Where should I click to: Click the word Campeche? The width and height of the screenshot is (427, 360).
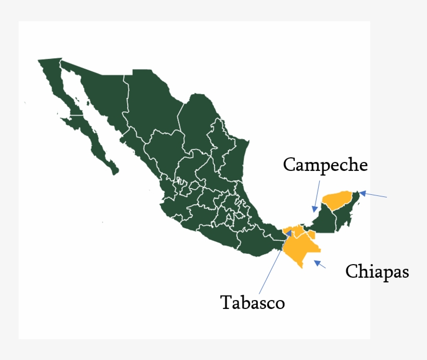tap(325, 165)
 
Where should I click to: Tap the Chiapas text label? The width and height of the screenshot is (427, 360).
tap(377, 271)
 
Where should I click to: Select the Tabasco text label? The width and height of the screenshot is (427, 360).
tap(253, 302)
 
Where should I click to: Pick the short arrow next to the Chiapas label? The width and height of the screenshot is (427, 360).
tap(320, 264)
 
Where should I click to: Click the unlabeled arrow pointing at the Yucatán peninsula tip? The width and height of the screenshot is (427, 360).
tap(373, 195)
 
